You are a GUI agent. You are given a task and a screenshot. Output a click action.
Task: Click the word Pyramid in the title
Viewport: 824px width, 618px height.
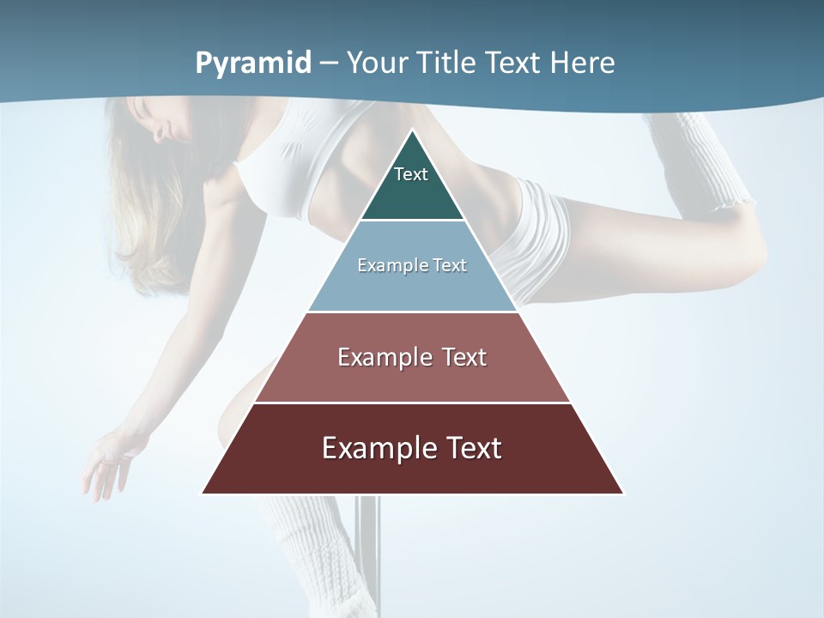coord(253,63)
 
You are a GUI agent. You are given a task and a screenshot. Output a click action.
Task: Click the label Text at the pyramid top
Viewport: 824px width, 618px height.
coord(411,174)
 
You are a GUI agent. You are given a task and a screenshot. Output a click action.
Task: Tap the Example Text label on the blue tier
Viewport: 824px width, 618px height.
coord(412,265)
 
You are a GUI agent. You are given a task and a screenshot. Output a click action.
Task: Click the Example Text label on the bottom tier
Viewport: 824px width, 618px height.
coord(412,448)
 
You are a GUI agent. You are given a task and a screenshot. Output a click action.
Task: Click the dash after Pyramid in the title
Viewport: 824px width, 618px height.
coord(329,64)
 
